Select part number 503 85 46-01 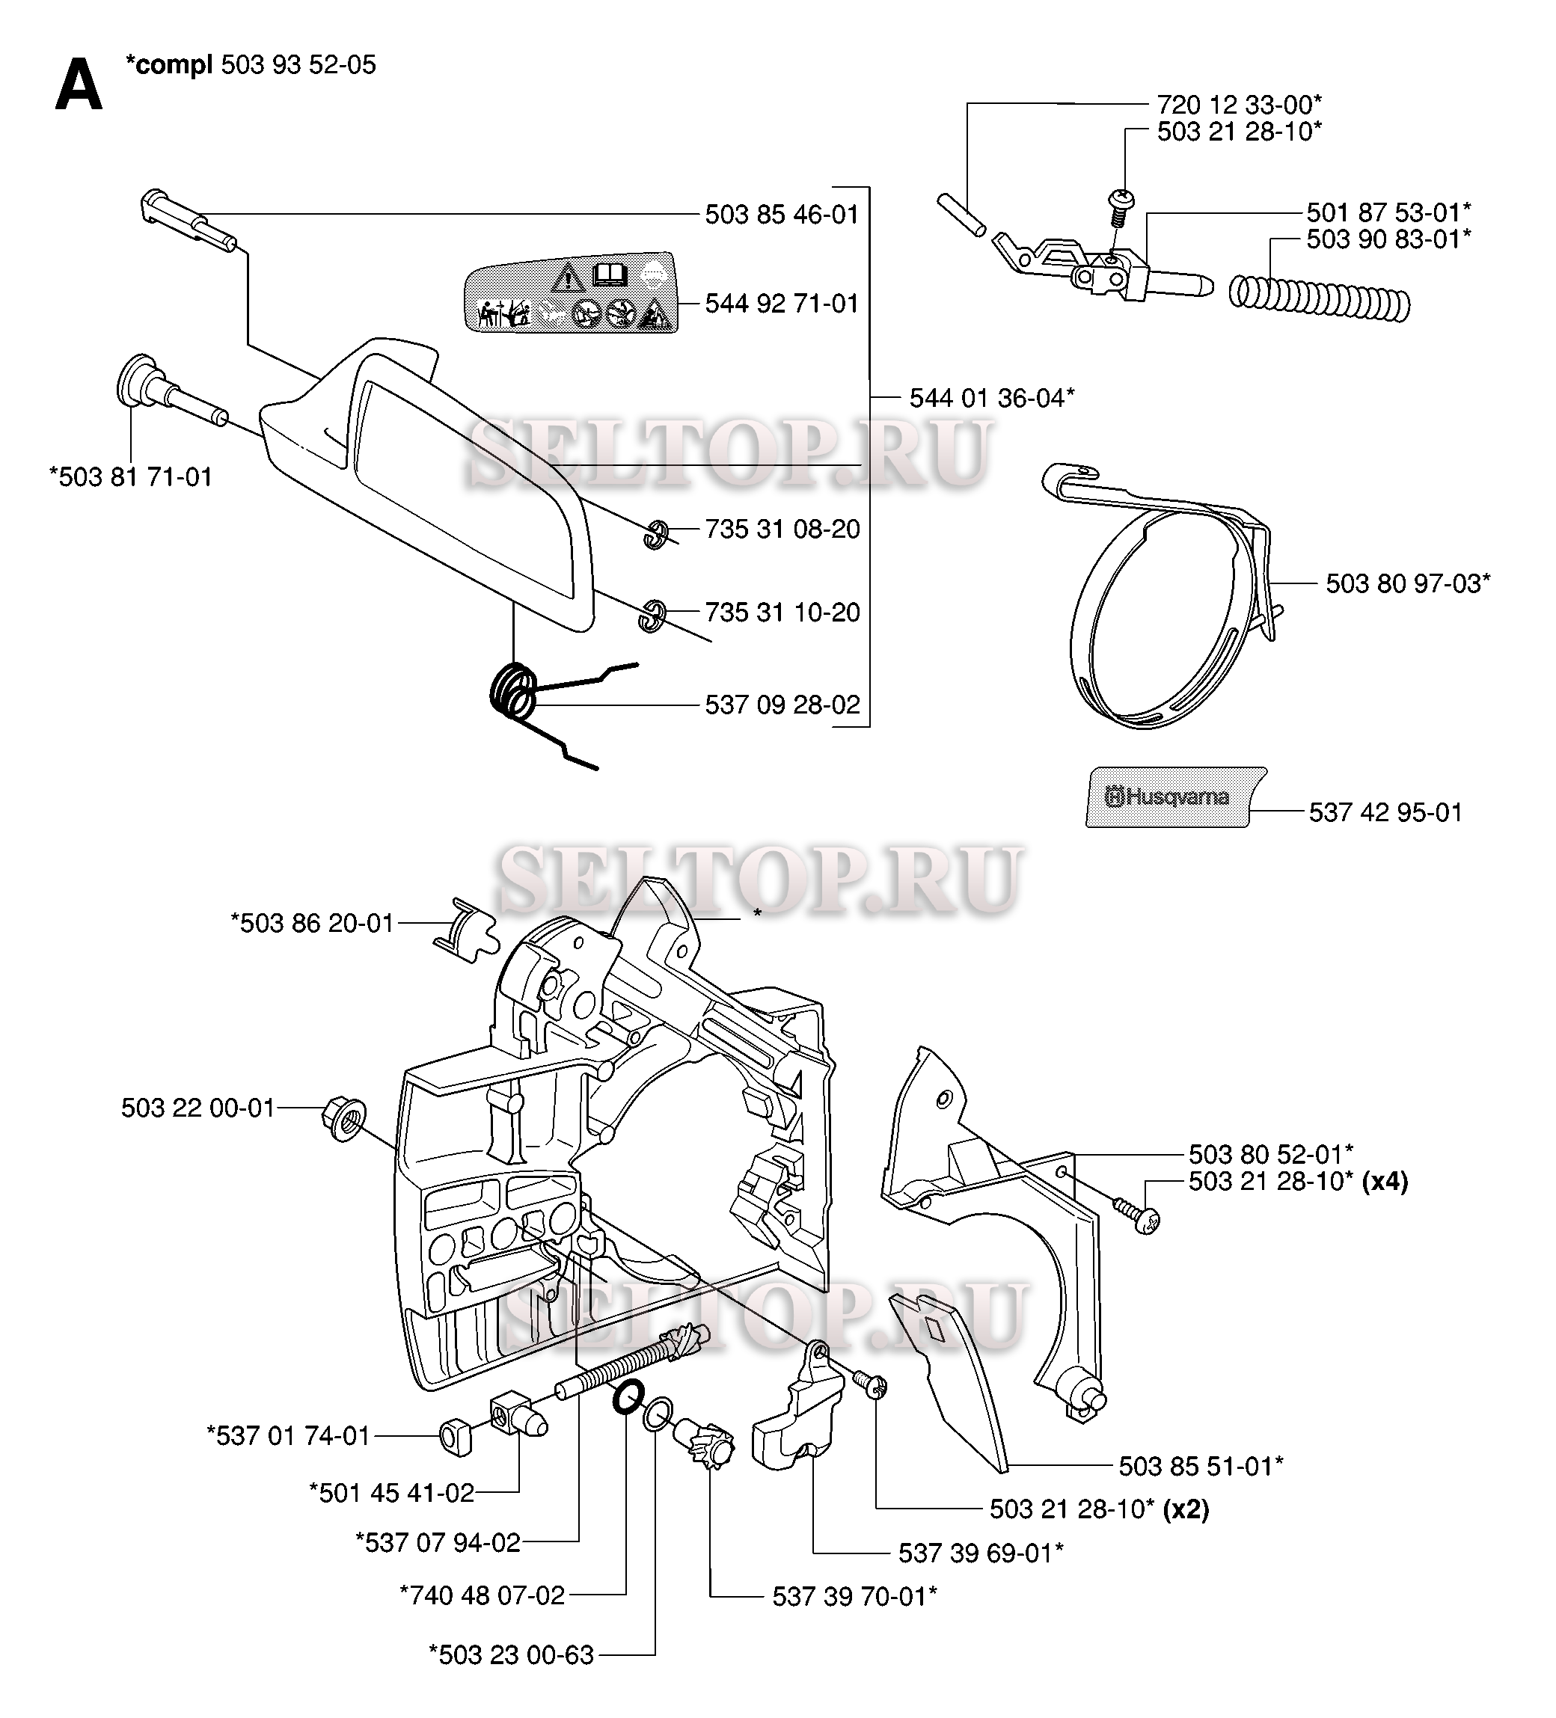(782, 214)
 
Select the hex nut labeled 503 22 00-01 (344, 1119)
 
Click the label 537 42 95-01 (1385, 812)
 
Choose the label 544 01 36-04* (991, 398)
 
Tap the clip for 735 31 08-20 (655, 534)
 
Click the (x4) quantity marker (1384, 1181)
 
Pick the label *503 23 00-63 (511, 1656)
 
